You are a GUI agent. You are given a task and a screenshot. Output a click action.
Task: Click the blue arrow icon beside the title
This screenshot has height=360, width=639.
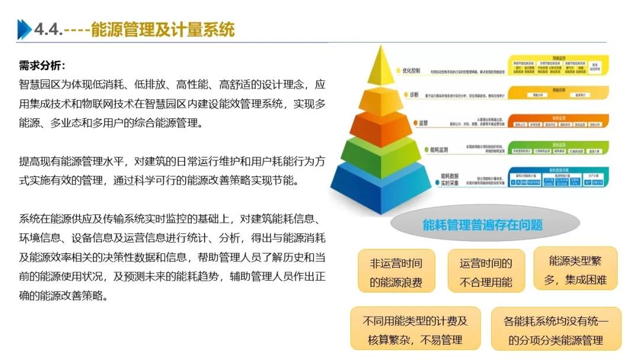pyautogui.click(x=24, y=29)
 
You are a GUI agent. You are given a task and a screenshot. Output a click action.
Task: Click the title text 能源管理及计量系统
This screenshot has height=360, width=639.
pyautogui.click(x=163, y=29)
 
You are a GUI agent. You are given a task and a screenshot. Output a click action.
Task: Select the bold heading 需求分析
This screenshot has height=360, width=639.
pyautogui.click(x=41, y=66)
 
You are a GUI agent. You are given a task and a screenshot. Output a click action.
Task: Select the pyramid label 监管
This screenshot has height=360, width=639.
pyautogui.click(x=423, y=123)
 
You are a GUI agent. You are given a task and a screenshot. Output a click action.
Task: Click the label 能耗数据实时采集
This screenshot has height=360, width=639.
pyautogui.click(x=450, y=180)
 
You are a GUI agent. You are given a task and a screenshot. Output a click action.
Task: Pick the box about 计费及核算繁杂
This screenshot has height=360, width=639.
pyautogui.click(x=415, y=330)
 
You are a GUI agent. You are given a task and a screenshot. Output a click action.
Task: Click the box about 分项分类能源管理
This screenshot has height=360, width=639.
pyautogui.click(x=556, y=330)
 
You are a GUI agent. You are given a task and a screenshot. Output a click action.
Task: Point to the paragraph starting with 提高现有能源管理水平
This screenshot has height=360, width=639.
pyautogui.click(x=172, y=171)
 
